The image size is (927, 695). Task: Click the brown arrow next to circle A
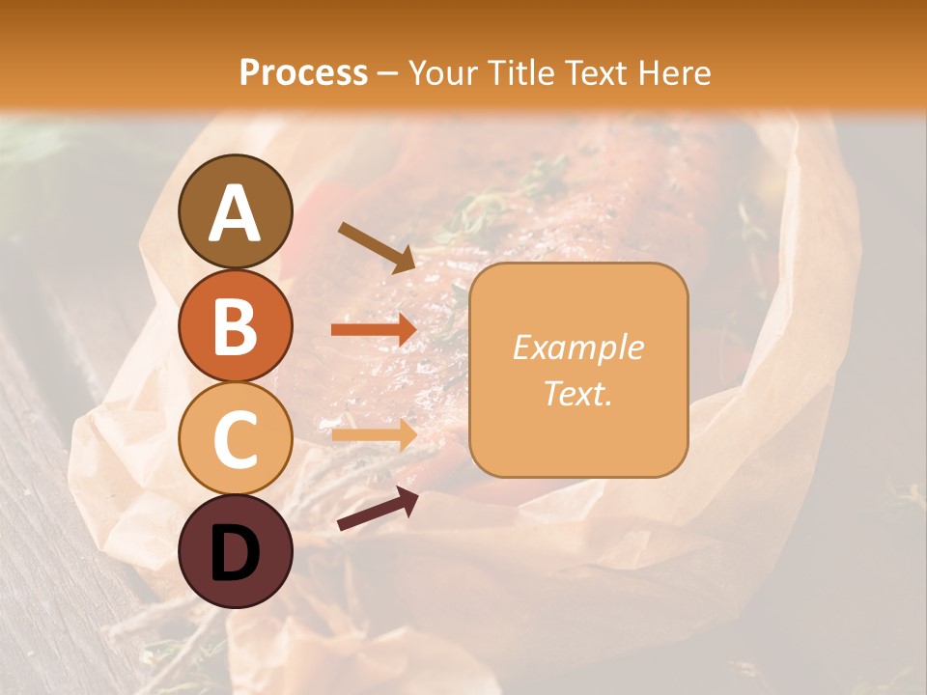click(377, 247)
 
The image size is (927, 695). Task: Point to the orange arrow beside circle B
click(374, 330)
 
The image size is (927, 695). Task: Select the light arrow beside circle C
click(374, 433)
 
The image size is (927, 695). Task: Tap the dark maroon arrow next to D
click(378, 509)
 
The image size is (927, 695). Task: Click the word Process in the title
click(303, 72)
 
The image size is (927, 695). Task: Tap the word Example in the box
click(577, 347)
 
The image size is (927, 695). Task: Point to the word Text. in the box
click(577, 393)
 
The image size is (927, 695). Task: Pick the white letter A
click(235, 213)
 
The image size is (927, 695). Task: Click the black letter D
click(235, 552)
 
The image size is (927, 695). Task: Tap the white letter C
click(235, 439)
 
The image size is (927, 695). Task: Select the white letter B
click(235, 326)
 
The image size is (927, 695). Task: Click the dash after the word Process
click(388, 73)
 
